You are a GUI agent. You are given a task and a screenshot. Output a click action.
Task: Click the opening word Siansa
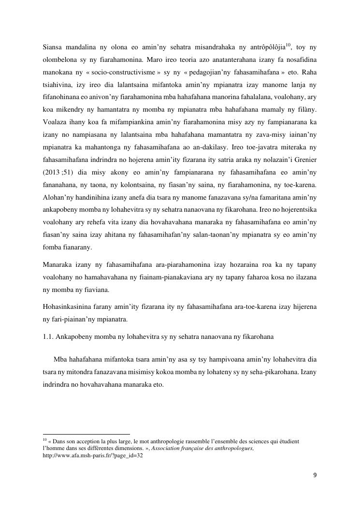(x=53, y=47)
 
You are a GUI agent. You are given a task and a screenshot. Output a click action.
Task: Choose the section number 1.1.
(x=48, y=337)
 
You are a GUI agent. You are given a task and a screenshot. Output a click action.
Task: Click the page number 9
(x=315, y=475)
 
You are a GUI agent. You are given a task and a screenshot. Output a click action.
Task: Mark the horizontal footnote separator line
(x=86, y=434)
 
